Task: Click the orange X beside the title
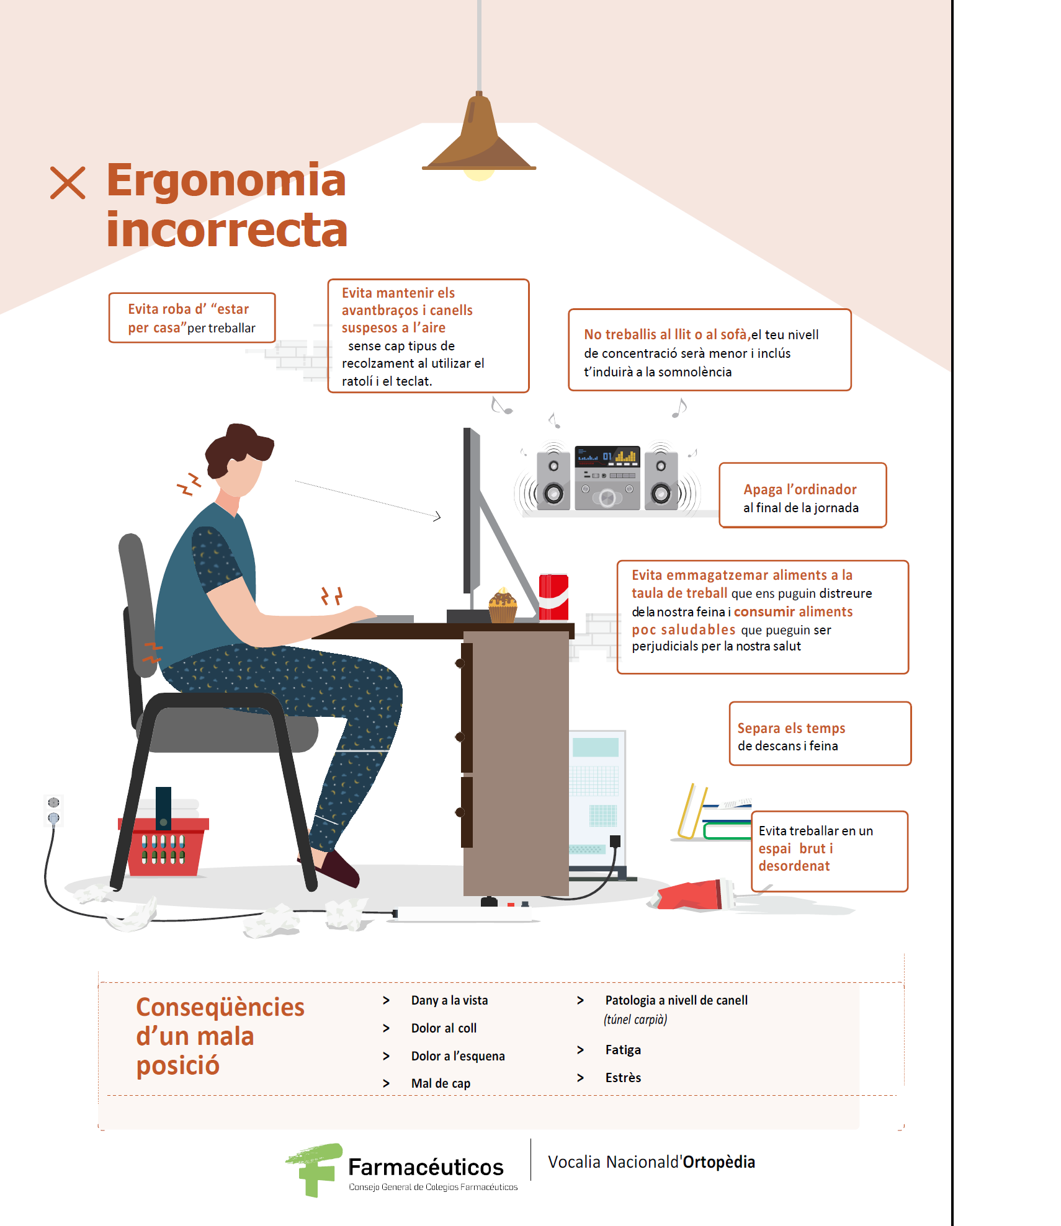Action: [68, 183]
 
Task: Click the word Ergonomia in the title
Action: [226, 180]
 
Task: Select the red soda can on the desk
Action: [553, 597]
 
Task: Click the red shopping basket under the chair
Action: [164, 846]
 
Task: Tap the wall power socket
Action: [54, 811]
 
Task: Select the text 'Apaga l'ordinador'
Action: [800, 489]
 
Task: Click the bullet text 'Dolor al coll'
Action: [444, 1028]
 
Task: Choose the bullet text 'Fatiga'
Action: [623, 1050]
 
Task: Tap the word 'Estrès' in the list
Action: [623, 1078]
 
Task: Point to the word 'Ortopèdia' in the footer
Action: [719, 1162]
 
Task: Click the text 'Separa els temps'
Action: [791, 728]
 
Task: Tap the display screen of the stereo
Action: [607, 456]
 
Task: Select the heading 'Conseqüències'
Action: [220, 1007]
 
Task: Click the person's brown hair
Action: [236, 448]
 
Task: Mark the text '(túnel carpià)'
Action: [635, 1019]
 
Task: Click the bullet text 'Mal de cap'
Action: [441, 1083]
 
